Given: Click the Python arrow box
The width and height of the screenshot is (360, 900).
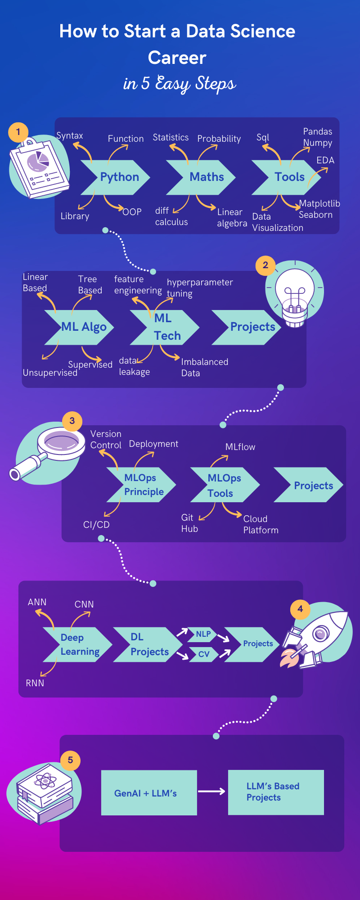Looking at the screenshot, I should click(x=118, y=177).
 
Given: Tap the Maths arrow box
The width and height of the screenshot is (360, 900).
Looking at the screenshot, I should click(x=205, y=177).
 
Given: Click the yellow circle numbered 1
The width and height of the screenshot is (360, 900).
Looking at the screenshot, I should click(x=18, y=132).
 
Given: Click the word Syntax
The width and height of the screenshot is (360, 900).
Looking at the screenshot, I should click(x=70, y=136).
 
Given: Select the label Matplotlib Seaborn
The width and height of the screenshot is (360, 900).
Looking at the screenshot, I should click(x=319, y=209).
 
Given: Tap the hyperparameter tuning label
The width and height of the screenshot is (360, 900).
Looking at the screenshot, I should click(x=199, y=288).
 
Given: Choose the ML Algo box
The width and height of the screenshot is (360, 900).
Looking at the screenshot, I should click(x=83, y=327).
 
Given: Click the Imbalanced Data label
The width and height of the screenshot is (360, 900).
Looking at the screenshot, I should click(x=204, y=367).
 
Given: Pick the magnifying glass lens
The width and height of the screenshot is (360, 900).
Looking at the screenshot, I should click(x=61, y=441).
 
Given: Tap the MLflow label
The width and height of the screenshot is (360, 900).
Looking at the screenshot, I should click(x=240, y=447).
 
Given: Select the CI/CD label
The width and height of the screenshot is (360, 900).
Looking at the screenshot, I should click(x=96, y=525).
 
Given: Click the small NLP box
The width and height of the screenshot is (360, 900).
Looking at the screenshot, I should click(x=203, y=634).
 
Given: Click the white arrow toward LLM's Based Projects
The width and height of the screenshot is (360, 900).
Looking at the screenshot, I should click(x=211, y=791).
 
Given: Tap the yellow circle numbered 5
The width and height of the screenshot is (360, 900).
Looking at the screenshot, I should click(x=70, y=760).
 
